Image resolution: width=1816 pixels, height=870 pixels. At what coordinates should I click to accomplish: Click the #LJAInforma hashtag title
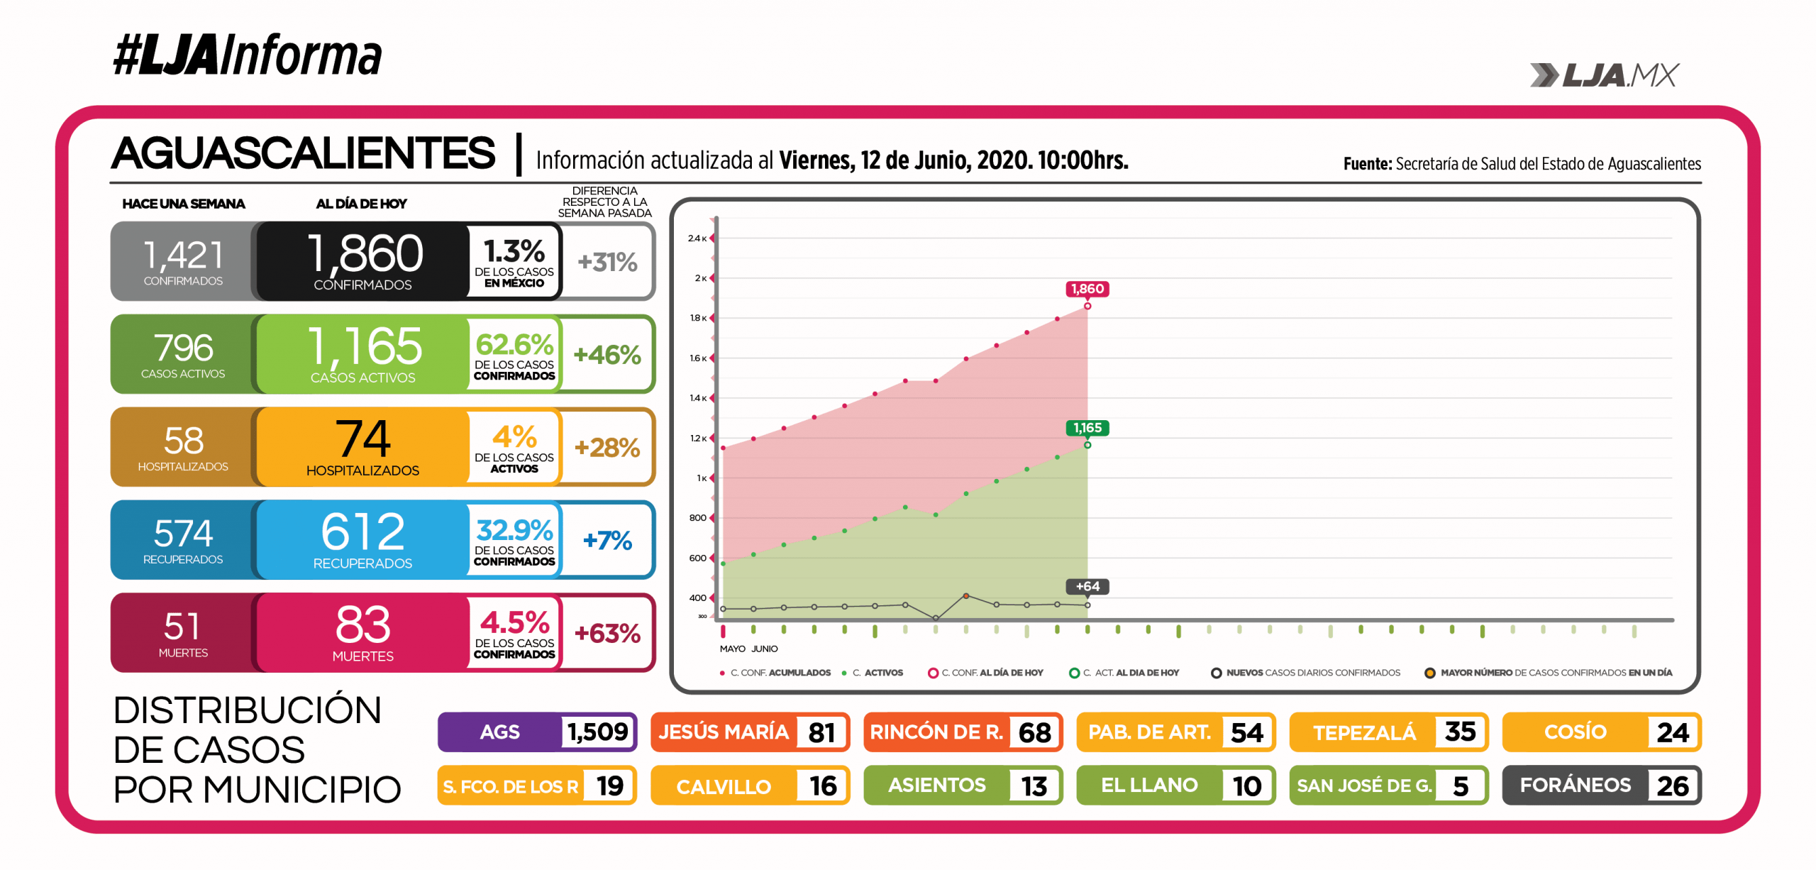coord(247,55)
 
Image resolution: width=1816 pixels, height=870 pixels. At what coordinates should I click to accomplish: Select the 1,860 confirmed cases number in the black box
coord(365,253)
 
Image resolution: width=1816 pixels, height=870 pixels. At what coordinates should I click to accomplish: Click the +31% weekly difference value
coord(607,262)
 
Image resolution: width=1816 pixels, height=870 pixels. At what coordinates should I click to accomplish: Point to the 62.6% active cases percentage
coord(514,345)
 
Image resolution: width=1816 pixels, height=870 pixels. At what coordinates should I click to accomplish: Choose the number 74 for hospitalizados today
coord(362,439)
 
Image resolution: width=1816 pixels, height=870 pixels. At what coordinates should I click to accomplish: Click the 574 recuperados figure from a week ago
coord(183,533)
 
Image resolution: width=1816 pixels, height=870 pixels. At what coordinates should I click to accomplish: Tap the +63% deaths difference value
coord(607,633)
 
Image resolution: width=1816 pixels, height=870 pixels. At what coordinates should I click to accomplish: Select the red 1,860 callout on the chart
coord(1087,289)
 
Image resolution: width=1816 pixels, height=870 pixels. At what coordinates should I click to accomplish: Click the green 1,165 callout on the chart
coord(1087,428)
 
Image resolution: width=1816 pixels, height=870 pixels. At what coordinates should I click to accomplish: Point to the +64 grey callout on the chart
coord(1087,586)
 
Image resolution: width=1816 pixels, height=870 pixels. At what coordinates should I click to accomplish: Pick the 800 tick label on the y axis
coord(697,518)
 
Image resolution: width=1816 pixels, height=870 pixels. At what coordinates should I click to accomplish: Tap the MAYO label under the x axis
coord(732,649)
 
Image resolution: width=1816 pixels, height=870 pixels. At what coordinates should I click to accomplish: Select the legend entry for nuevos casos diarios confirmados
coord(1312,673)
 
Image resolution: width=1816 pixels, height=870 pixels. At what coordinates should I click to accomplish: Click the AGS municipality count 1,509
coord(597,732)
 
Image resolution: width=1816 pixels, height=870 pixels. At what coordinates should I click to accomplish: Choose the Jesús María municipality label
coord(723,732)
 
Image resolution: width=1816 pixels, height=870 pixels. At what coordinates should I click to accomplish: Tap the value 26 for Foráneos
coord(1672,786)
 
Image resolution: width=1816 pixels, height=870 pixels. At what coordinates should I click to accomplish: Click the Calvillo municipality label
coord(723,786)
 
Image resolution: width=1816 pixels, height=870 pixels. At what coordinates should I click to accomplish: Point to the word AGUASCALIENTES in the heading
coord(303,153)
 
